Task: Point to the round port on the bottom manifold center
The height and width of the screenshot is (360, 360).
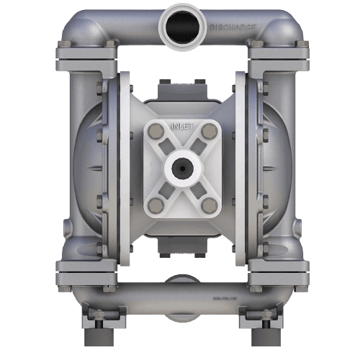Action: point(180,282)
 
